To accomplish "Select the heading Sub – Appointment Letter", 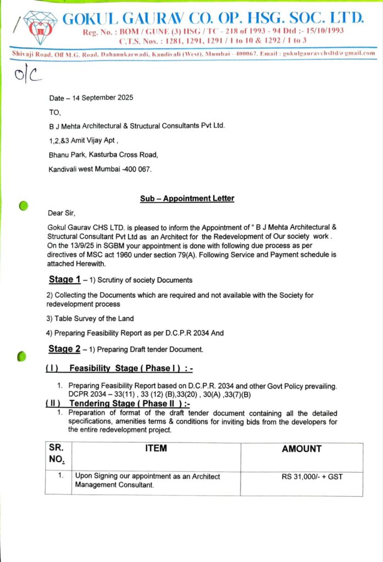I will [x=187, y=199].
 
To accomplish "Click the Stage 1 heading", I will [x=65, y=279].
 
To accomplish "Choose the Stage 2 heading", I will [x=65, y=349].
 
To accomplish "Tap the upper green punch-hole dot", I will [x=23, y=206].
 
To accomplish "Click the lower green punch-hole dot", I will [x=21, y=356].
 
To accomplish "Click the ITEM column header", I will [x=156, y=448].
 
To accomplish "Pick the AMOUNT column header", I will [x=302, y=448].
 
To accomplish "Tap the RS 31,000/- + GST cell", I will [x=312, y=476].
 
